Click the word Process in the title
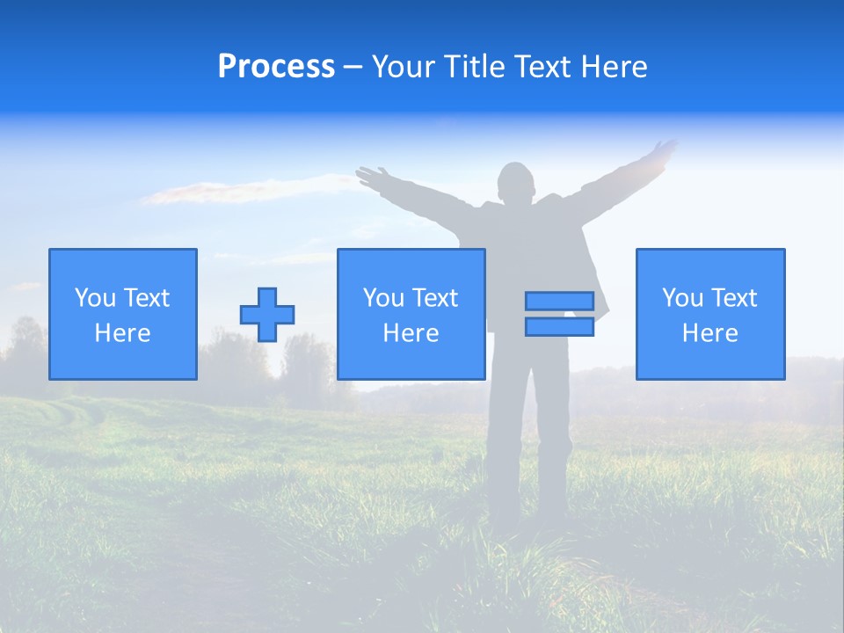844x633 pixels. [276, 67]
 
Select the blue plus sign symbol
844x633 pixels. [267, 314]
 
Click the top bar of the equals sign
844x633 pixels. [559, 301]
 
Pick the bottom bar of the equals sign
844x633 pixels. [559, 326]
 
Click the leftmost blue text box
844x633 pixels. [123, 314]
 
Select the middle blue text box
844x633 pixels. [411, 314]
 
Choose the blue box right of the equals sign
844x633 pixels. [710, 314]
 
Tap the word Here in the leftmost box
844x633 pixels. [123, 333]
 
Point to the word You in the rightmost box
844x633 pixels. [682, 298]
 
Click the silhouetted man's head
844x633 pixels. [515, 183]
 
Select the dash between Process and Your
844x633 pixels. [353, 67]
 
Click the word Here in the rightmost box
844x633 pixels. [710, 333]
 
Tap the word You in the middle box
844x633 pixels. [383, 298]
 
